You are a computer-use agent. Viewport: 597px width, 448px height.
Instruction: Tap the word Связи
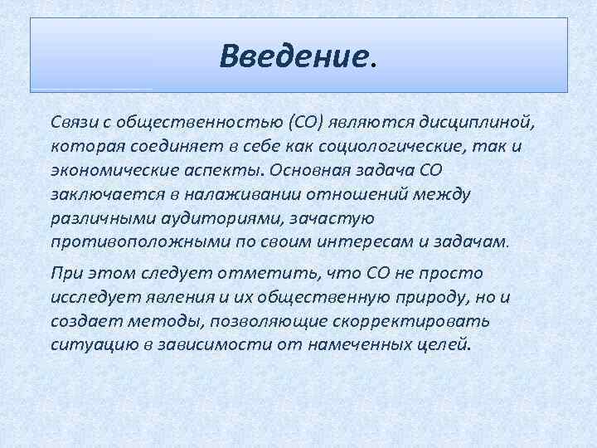point(71,124)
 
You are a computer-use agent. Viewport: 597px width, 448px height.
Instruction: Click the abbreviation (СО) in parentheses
point(301,124)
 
